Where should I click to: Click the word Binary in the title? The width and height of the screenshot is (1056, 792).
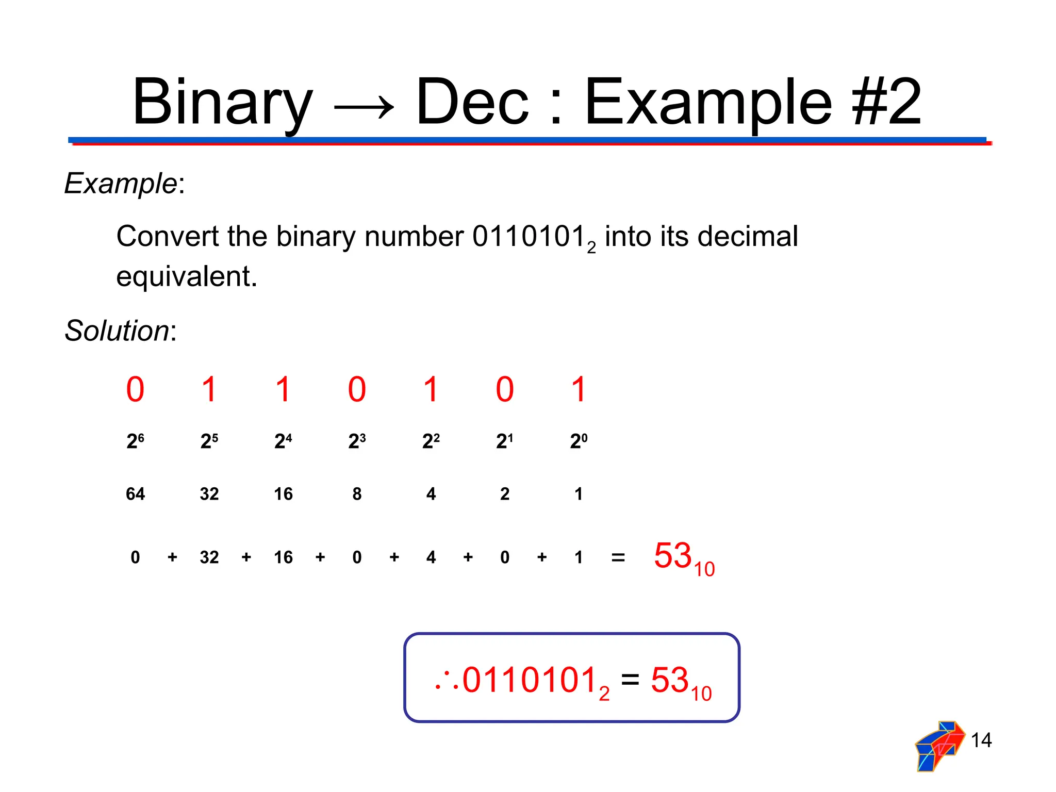(222, 102)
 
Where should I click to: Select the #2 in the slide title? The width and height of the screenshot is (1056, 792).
(886, 102)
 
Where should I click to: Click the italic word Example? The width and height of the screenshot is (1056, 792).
(121, 183)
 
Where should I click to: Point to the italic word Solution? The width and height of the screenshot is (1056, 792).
(117, 331)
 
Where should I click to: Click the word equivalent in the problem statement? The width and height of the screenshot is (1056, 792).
(186, 277)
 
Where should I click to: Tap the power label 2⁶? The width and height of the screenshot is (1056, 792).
(135, 441)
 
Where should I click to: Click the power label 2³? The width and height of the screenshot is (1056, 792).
(357, 441)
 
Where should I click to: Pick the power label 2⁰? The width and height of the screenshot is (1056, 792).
(579, 441)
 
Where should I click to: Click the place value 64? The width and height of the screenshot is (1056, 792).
(135, 494)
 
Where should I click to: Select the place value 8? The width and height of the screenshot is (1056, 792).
(357, 494)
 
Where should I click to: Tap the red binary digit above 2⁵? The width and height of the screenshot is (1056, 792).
(209, 389)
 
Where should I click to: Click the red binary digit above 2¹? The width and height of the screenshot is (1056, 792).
(505, 389)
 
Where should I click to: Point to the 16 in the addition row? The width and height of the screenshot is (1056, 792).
(283, 557)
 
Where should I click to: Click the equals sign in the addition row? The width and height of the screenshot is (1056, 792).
(618, 557)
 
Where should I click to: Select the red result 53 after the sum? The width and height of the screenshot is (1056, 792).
(673, 556)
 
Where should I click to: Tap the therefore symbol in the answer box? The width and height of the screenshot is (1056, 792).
(447, 682)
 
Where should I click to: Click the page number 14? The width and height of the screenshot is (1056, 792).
(981, 740)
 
